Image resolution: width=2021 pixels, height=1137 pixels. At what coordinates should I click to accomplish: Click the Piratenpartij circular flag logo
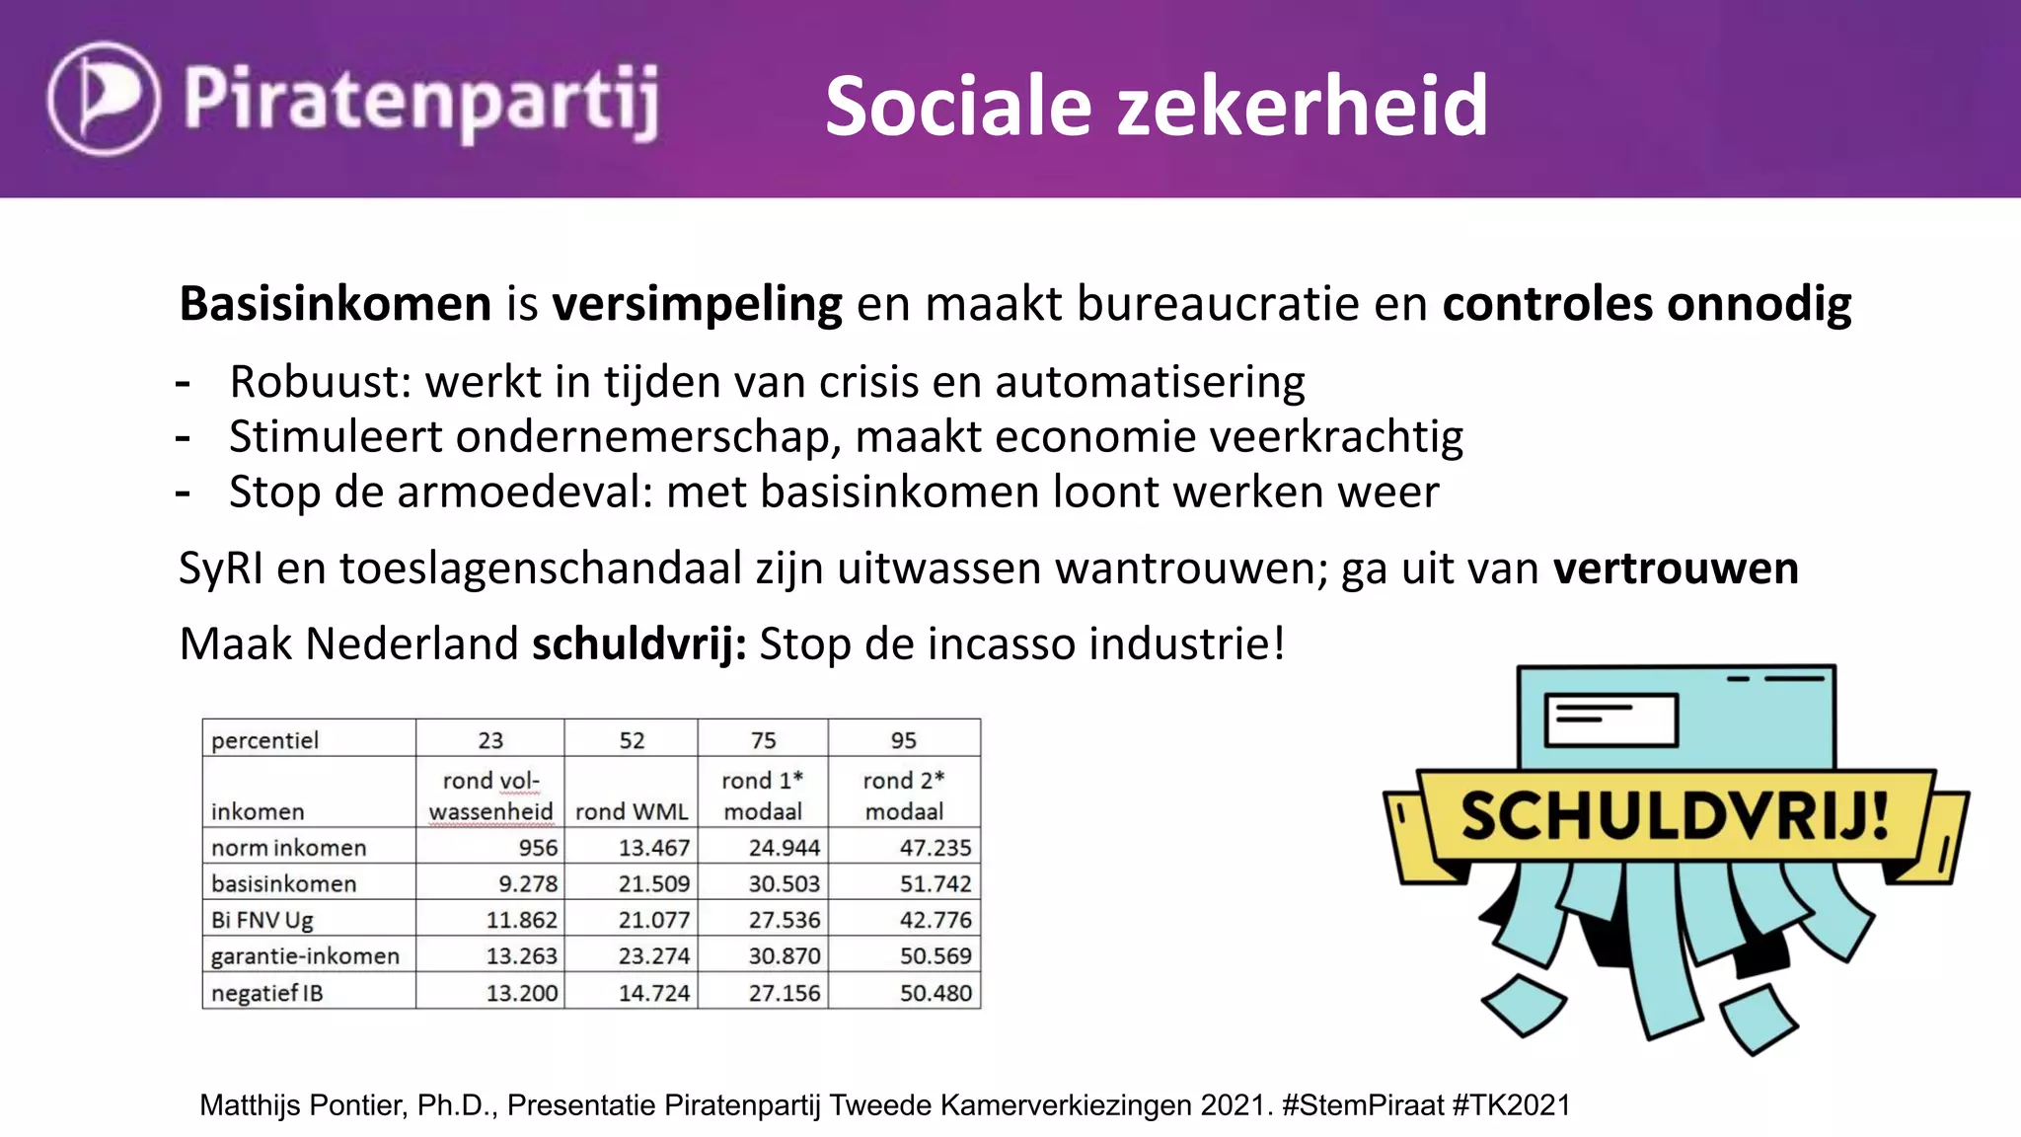[x=104, y=98]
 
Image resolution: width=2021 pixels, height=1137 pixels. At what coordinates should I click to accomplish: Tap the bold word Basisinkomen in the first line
[x=335, y=304]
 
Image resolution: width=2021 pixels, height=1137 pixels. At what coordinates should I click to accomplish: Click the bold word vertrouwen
[x=1675, y=569]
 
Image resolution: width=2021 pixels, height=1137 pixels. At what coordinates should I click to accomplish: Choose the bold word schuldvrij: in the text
[x=638, y=644]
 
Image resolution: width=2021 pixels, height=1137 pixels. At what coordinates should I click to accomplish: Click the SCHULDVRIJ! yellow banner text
[x=1675, y=817]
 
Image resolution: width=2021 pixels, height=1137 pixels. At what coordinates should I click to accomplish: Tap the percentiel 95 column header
[x=903, y=740]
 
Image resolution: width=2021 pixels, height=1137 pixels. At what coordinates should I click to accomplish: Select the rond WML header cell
[x=632, y=811]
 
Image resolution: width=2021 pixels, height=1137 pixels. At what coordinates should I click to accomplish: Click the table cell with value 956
[x=538, y=848]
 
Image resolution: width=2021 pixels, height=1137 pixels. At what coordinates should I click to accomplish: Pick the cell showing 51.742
[x=935, y=884]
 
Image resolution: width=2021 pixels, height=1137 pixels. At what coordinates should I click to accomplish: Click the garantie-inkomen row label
[x=305, y=956]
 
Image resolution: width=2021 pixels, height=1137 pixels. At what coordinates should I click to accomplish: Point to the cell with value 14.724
[x=653, y=993]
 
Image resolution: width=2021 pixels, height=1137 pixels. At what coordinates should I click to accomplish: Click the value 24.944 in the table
[x=784, y=848]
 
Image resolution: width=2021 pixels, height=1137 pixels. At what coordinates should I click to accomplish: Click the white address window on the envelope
[x=1610, y=720]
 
